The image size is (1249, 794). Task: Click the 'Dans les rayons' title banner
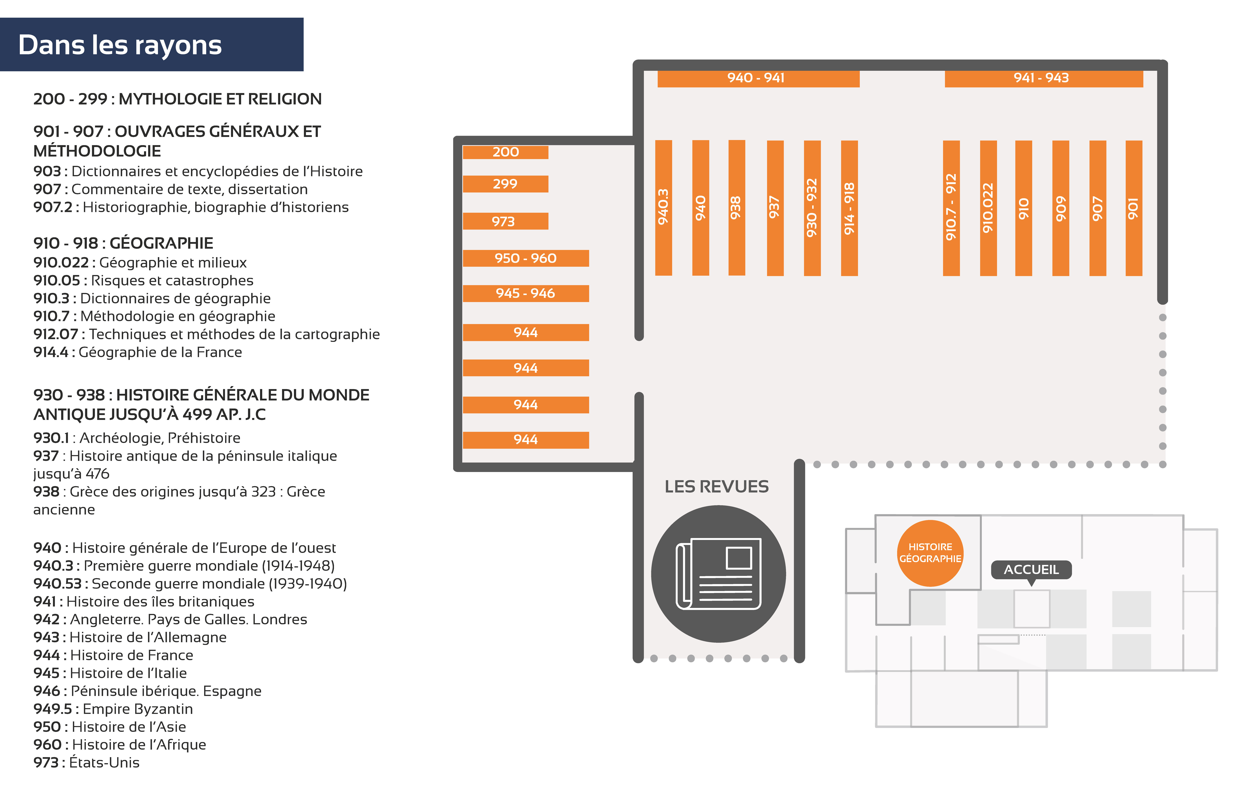point(151,45)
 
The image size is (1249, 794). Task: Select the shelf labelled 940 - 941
point(758,78)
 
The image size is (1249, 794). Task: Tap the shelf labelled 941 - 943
point(1044,78)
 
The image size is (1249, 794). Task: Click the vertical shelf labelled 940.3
point(663,208)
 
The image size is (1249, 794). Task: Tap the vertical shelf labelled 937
point(775,208)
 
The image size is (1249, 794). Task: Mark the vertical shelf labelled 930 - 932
point(812,208)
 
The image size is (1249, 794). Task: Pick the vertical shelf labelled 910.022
point(988,208)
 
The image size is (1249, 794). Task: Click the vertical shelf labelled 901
point(1134,208)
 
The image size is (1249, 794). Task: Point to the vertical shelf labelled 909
point(1061,208)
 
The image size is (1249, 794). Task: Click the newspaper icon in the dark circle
point(718,574)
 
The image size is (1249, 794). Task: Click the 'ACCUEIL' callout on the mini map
point(1031,570)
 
